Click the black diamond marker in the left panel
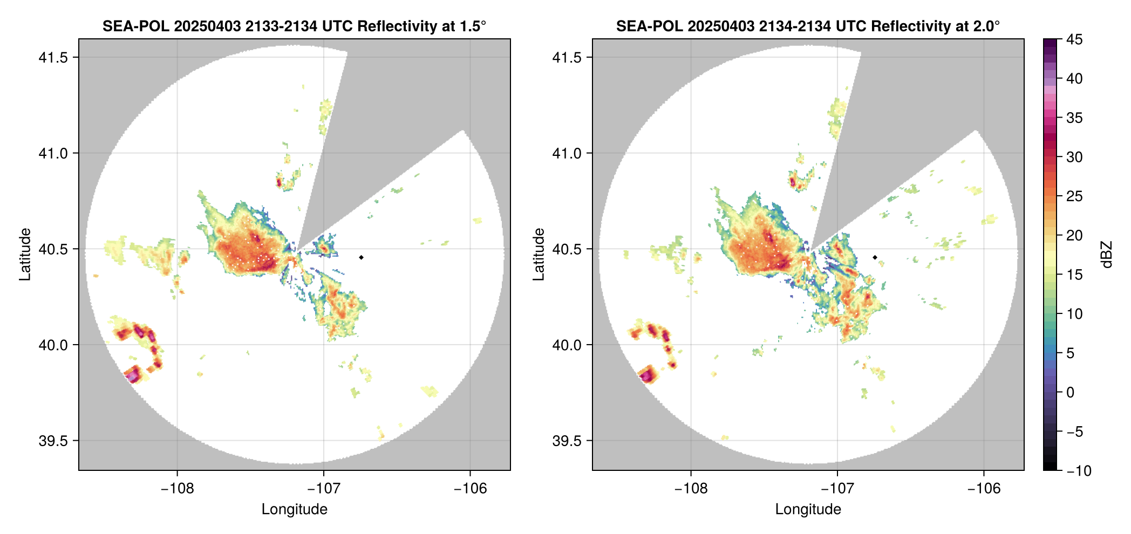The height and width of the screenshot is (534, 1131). point(361,257)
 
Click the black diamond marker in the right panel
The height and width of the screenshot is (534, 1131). point(875,257)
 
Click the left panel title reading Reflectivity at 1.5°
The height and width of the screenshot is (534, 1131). point(294,26)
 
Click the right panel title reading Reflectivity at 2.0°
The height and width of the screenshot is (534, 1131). point(808,26)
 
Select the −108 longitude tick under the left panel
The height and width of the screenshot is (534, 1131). point(177,489)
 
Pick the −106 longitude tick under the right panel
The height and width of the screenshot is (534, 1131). point(984,489)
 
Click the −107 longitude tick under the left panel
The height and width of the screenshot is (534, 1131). point(324,489)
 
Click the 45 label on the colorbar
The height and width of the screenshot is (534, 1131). point(1074,39)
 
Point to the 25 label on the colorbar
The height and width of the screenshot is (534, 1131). point(1074,196)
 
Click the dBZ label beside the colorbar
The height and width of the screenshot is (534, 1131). point(1107,255)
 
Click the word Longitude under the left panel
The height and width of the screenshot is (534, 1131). point(294,509)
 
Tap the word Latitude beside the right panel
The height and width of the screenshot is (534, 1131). point(539,254)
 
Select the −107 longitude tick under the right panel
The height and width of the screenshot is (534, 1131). point(837,489)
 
